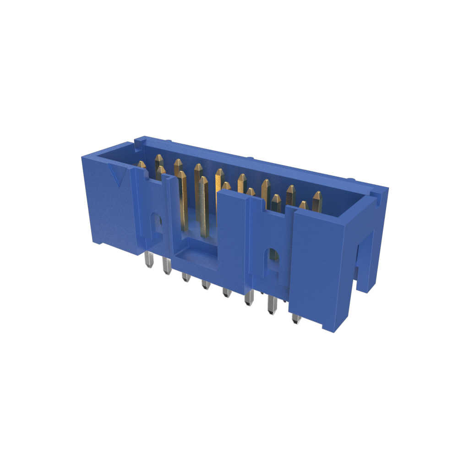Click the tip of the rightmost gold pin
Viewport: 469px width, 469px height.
(317, 196)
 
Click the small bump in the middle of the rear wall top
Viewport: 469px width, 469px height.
(250, 158)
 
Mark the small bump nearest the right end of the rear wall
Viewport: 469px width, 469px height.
(351, 179)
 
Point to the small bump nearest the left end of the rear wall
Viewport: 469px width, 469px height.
(169, 142)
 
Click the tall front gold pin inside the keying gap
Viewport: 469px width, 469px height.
(203, 206)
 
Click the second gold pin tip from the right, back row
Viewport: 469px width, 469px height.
(291, 190)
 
